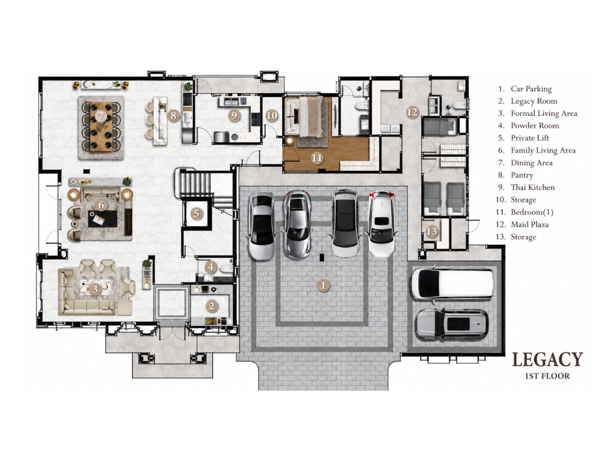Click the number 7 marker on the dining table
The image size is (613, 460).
[100, 116]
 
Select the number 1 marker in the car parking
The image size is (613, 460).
[323, 285]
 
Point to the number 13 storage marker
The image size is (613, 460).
[431, 231]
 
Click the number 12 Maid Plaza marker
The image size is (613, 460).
[412, 112]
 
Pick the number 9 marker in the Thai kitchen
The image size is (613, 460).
[234, 115]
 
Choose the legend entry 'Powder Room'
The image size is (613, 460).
[534, 126]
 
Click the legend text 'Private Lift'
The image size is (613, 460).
[529, 138]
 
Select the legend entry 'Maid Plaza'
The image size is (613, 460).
[529, 224]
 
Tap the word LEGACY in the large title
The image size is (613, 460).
[547, 359]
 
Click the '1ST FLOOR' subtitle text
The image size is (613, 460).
[547, 376]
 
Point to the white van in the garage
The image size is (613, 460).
[452, 284]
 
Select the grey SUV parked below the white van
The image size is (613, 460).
[452, 324]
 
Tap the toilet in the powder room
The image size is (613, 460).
[226, 269]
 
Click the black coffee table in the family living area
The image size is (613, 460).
[103, 219]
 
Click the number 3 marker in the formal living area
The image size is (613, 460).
[95, 289]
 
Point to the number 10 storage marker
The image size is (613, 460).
[272, 115]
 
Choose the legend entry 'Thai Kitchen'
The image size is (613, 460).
[533, 187]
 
